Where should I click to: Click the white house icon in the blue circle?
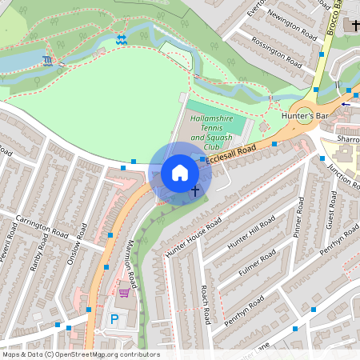pyautogui.click(x=180, y=173)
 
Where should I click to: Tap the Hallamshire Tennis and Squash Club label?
pyautogui.click(x=215, y=133)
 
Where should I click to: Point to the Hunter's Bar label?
pyautogui.click(x=306, y=116)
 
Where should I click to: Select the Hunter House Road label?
pyautogui.click(x=193, y=238)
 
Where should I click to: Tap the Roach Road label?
pyautogui.click(x=205, y=305)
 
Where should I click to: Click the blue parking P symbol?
pyautogui.click(x=114, y=318)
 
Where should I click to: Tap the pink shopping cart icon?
pyautogui.click(x=124, y=293)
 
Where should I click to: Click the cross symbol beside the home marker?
pyautogui.click(x=195, y=191)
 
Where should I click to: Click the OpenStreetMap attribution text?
pyautogui.click(x=80, y=354)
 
